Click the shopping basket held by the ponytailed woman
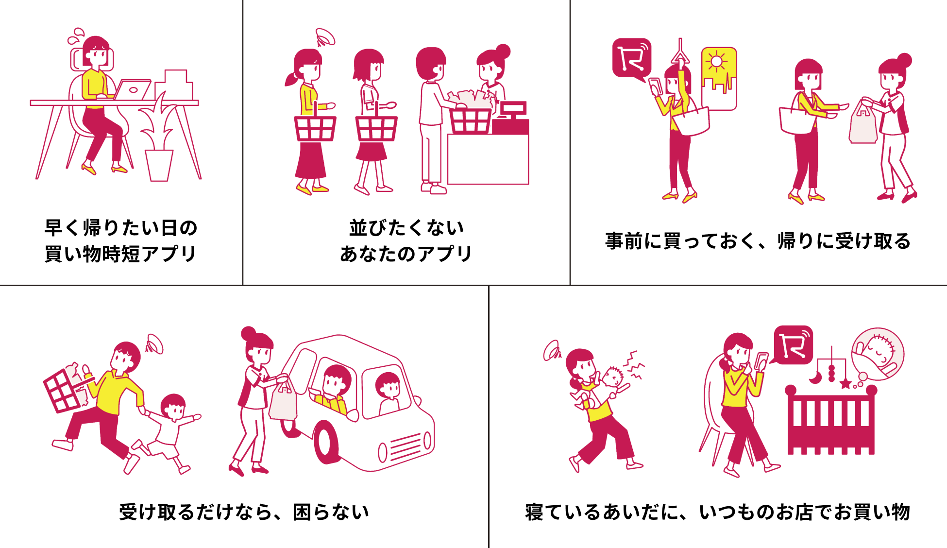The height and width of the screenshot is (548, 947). point(315,128)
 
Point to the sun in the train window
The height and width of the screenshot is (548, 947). point(716,62)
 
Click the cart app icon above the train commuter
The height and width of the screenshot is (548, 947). point(631,58)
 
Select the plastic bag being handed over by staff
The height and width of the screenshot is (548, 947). point(863,123)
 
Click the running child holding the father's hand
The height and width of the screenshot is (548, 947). point(170,428)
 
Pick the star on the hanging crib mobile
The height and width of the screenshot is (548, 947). point(846,384)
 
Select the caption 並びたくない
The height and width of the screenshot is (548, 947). point(406,228)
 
